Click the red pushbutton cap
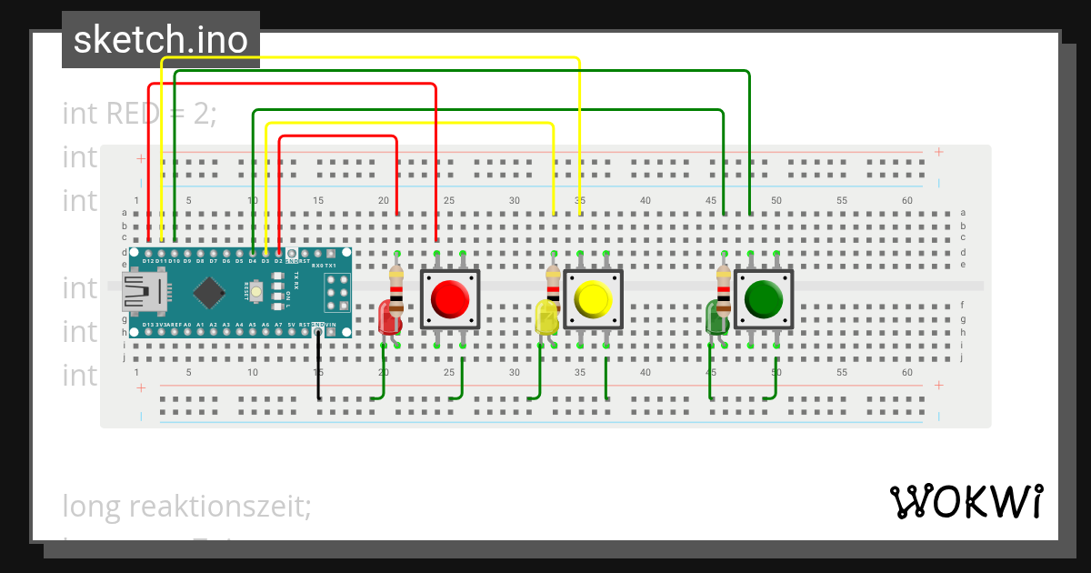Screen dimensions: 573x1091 (x=449, y=298)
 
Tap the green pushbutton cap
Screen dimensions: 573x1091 (x=764, y=298)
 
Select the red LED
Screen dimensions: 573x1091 (x=388, y=317)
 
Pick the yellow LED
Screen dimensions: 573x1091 (x=545, y=318)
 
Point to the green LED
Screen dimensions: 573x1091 (x=716, y=318)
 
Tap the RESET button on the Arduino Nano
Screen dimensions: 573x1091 (x=258, y=292)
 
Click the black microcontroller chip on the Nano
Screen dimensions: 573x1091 (x=210, y=292)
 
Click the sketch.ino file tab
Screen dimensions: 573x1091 (x=160, y=40)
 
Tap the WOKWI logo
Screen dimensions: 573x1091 (x=966, y=501)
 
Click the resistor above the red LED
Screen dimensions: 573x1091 (x=396, y=291)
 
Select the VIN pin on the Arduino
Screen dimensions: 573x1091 (x=331, y=332)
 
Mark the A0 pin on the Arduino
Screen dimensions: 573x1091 (x=187, y=332)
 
